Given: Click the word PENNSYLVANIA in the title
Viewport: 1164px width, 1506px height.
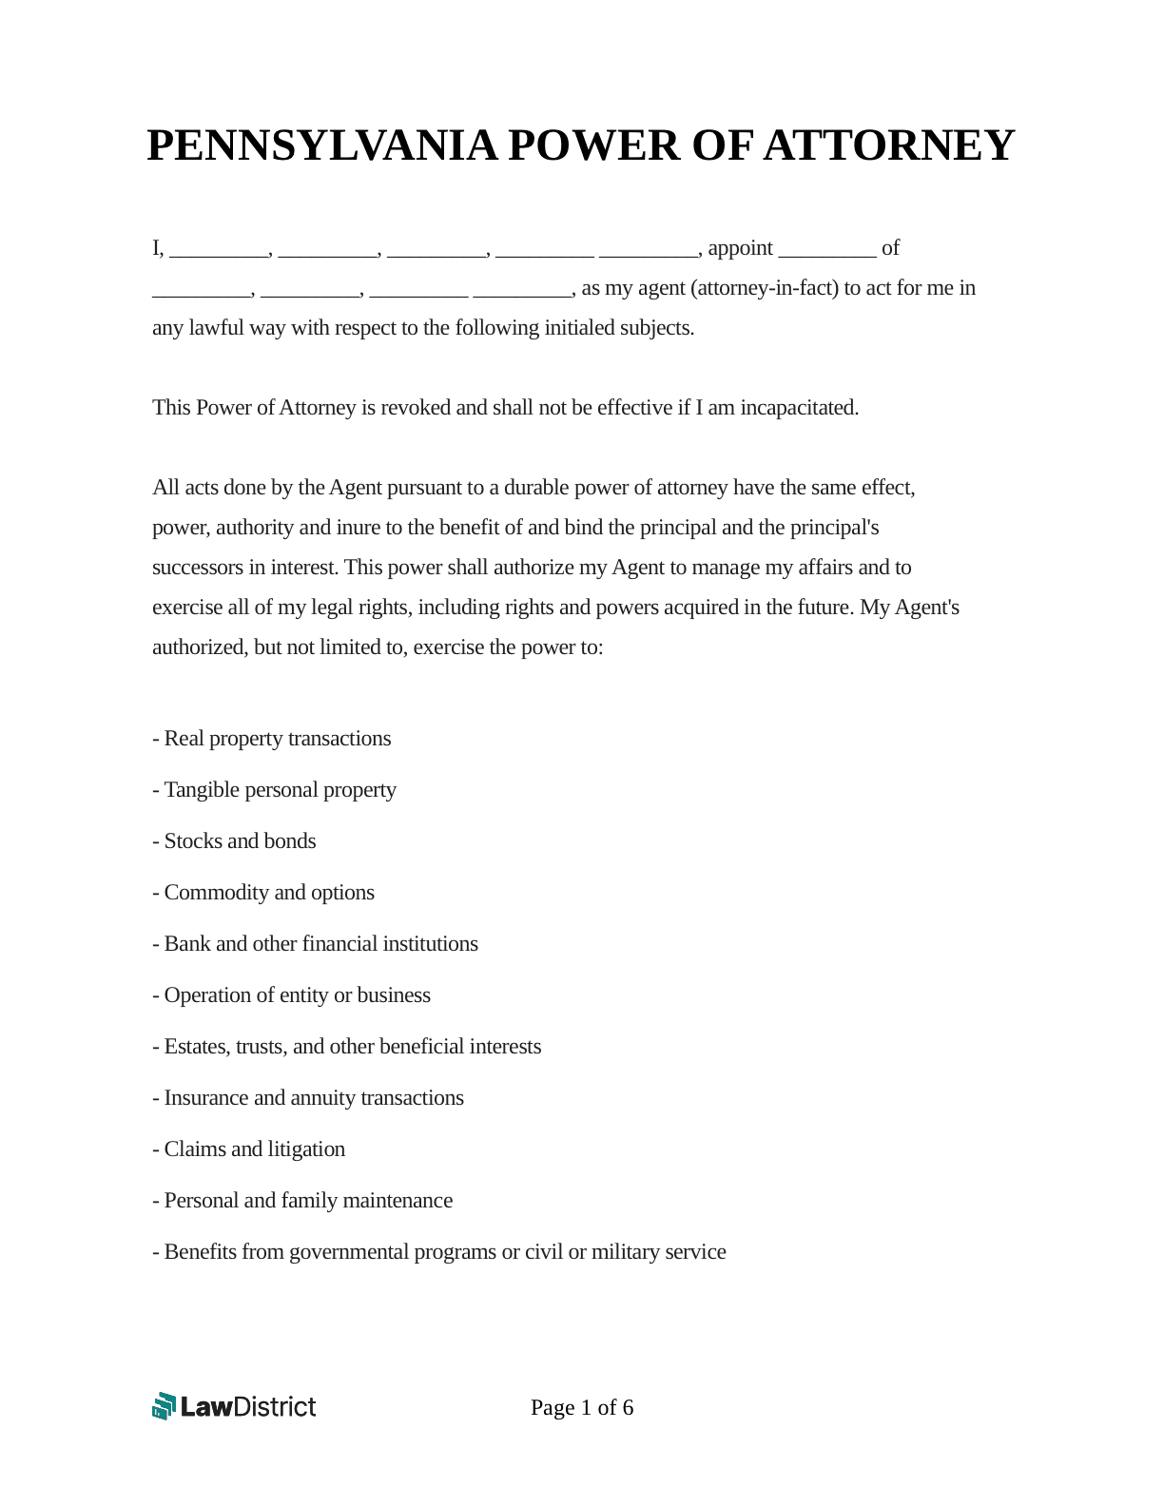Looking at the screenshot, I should [321, 145].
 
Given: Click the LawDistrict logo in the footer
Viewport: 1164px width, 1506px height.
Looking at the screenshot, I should [234, 1406].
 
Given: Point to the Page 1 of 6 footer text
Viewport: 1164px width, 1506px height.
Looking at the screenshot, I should [582, 1407].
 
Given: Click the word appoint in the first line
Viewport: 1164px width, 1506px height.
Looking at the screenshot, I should [740, 248].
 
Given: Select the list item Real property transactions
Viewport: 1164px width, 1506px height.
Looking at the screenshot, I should [272, 739].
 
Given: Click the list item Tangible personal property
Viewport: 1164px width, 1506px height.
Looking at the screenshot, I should [275, 790].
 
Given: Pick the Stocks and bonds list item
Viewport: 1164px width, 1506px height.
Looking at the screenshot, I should [235, 841].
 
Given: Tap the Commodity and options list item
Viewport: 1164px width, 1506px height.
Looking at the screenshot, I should [263, 893].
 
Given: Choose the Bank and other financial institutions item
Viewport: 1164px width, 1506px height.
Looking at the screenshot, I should [316, 944].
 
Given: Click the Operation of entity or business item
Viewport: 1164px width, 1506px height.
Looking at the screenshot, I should [292, 995].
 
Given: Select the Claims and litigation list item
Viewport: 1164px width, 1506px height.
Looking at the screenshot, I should [249, 1149].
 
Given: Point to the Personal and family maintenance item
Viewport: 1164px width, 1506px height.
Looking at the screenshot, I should [302, 1201].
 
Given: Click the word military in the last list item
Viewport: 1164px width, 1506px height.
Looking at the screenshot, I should [624, 1252].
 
